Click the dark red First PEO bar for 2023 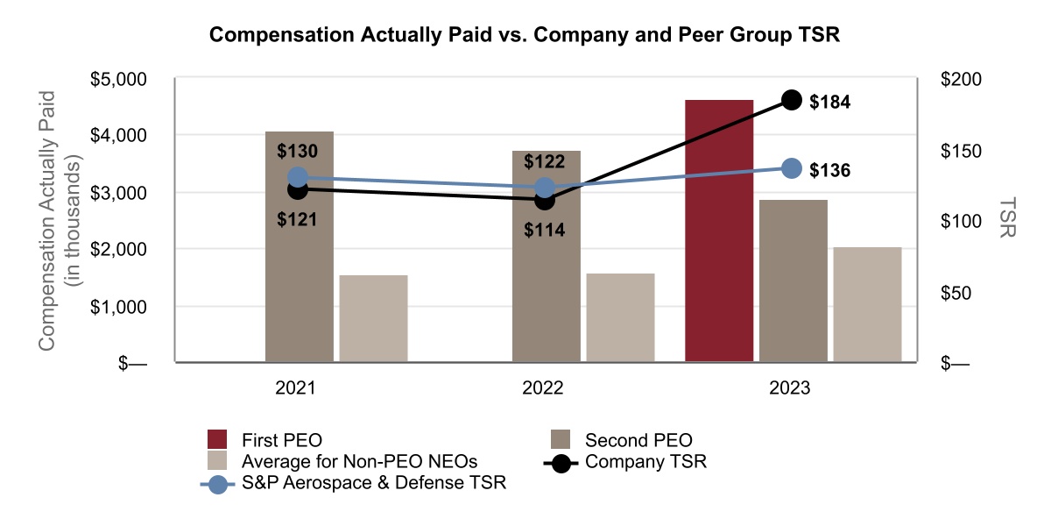coord(719,231)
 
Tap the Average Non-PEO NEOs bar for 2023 coord(867,304)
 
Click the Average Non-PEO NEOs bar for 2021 coord(373,318)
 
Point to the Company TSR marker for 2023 coord(792,100)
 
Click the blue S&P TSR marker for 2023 coord(792,168)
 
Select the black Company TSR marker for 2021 coord(298,189)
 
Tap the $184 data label coord(829,102)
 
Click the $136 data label coord(829,170)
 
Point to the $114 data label coord(544,231)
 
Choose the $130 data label coord(297,151)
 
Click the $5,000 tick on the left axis coord(119,79)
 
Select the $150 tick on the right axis coord(961,151)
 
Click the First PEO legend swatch coord(216,439)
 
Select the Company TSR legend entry coord(645,461)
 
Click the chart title coord(525,36)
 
